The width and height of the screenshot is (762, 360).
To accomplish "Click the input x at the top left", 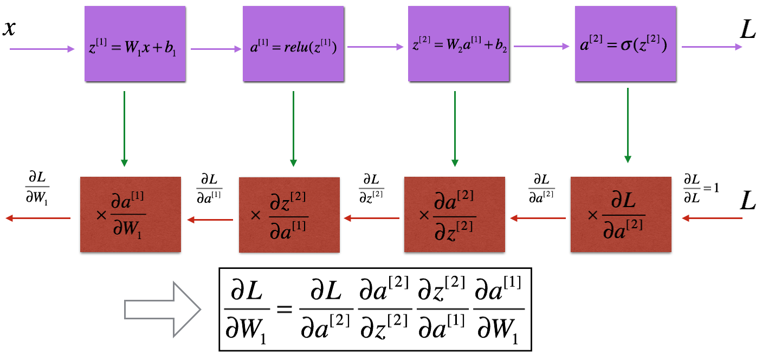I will (x=9, y=28).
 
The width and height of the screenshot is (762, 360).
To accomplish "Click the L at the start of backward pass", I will (x=748, y=203).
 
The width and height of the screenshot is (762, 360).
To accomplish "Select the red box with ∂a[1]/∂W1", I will (x=130, y=215).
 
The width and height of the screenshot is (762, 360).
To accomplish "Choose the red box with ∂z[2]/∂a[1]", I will (x=289, y=215).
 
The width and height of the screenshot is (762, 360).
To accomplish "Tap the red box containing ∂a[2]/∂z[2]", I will (x=455, y=215).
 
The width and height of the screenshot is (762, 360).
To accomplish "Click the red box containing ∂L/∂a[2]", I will (x=621, y=215).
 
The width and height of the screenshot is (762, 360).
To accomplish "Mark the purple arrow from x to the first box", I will (x=42, y=49).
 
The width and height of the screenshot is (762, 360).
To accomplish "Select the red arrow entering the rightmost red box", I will (x=712, y=218).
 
